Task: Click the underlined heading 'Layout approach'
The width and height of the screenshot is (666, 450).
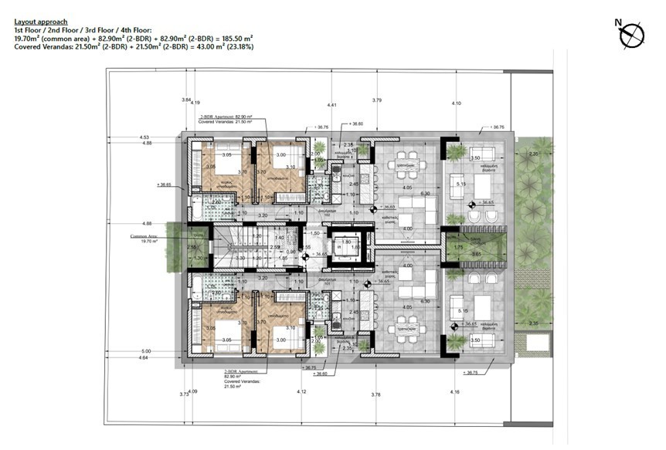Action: [x=41, y=22]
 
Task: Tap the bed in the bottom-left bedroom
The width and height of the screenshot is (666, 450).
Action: [x=223, y=329]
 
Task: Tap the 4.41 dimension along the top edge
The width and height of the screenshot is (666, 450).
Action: [x=331, y=104]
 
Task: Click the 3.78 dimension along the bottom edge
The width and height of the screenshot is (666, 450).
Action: [x=375, y=395]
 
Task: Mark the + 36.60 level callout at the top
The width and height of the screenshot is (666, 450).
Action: [x=355, y=124]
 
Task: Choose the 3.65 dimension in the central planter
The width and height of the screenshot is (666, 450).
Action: [x=477, y=254]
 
